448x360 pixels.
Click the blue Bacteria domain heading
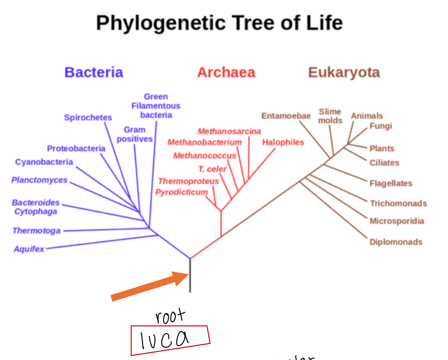pyautogui.click(x=94, y=72)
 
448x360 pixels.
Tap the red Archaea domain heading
pyautogui.click(x=226, y=72)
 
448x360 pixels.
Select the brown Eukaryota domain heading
pyautogui.click(x=344, y=72)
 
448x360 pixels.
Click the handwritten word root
pyautogui.click(x=170, y=316)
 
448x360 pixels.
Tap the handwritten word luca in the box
pyautogui.click(x=164, y=340)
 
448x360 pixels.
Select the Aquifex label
pyautogui.click(x=29, y=249)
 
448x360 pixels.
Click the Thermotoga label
pyautogui.click(x=37, y=231)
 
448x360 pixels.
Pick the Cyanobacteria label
pyautogui.click(x=44, y=162)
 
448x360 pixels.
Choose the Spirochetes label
pyautogui.click(x=88, y=118)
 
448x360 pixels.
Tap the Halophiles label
pyautogui.click(x=283, y=142)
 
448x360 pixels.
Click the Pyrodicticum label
pyautogui.click(x=182, y=192)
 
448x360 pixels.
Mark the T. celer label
pyautogui.click(x=212, y=169)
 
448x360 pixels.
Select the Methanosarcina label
pyautogui.click(x=229, y=131)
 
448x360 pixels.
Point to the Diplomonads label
pyautogui.click(x=396, y=242)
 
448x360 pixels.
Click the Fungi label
pyautogui.click(x=381, y=126)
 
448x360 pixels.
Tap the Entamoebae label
pyautogui.click(x=286, y=116)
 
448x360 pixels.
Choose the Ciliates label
pyautogui.click(x=385, y=163)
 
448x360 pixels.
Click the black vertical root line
pyautogui.click(x=190, y=275)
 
